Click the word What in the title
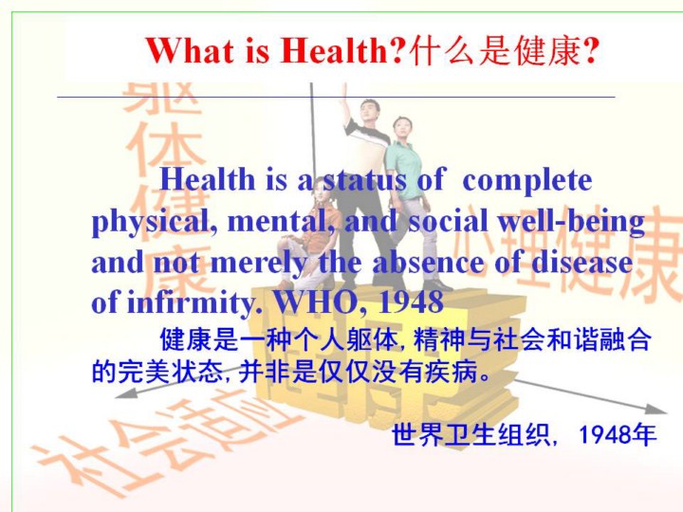(190, 50)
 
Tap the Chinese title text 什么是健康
(495, 51)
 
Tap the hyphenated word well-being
(571, 221)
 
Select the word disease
(581, 262)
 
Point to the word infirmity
(194, 302)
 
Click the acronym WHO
(321, 301)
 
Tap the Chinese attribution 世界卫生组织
(470, 434)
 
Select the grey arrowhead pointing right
(656, 409)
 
